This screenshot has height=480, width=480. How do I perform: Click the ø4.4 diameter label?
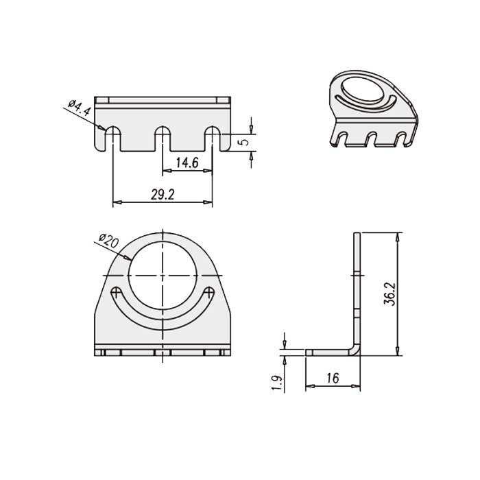pyautogui.click(x=79, y=112)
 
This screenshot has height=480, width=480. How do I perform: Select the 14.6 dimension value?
pyautogui.click(x=187, y=163)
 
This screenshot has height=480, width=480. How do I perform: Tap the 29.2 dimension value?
pyautogui.click(x=162, y=195)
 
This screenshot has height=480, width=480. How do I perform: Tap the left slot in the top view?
pyautogui.click(x=112, y=138)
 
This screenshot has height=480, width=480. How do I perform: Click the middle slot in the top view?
pyautogui.click(x=162, y=138)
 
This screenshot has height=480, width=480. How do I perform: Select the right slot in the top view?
pyautogui.click(x=213, y=138)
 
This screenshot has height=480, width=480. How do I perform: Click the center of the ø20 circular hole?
pyautogui.click(x=162, y=275)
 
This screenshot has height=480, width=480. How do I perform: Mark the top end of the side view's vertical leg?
pyautogui.click(x=357, y=235)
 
